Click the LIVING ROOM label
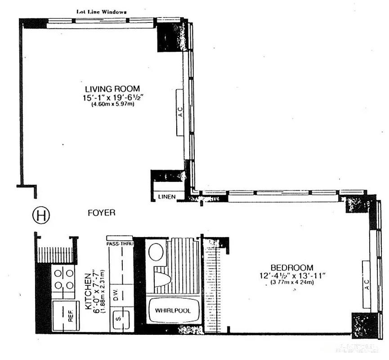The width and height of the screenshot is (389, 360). coord(112,88)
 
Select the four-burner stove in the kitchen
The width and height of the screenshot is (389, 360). coord(63,279)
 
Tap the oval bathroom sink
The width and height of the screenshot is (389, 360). coord(156,252)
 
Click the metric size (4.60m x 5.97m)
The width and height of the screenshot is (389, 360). coord(112,104)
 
